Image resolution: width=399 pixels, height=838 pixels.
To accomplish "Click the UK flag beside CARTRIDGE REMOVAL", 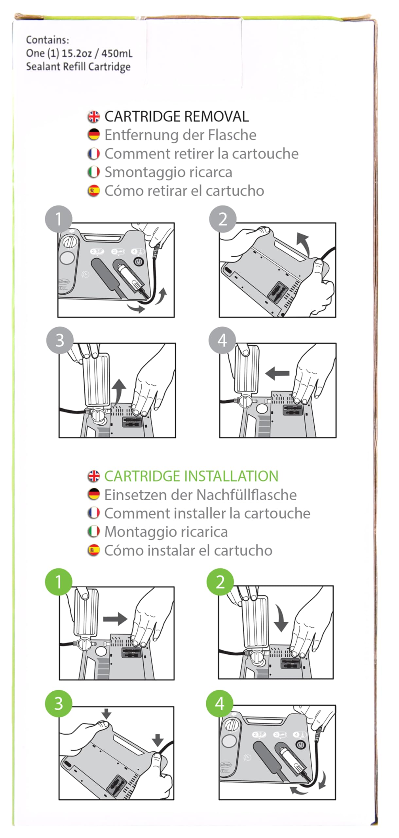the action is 94,117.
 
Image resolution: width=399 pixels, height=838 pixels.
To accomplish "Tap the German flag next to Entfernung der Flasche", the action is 94,135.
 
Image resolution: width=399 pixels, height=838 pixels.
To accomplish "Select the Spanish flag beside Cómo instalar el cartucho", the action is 94,550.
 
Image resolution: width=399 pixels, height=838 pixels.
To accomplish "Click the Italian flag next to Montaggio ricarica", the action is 94,532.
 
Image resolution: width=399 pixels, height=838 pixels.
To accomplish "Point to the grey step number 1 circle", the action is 59,219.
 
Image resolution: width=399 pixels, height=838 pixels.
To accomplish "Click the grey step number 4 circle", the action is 222,340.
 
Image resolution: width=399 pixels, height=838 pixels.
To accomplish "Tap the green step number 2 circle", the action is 220,582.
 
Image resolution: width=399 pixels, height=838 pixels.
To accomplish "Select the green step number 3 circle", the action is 59,703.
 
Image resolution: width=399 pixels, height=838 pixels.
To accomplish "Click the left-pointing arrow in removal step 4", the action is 277,373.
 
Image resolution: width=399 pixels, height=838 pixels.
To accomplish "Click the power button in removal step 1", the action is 139,262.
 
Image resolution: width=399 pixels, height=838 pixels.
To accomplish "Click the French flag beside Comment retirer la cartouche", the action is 94,154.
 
